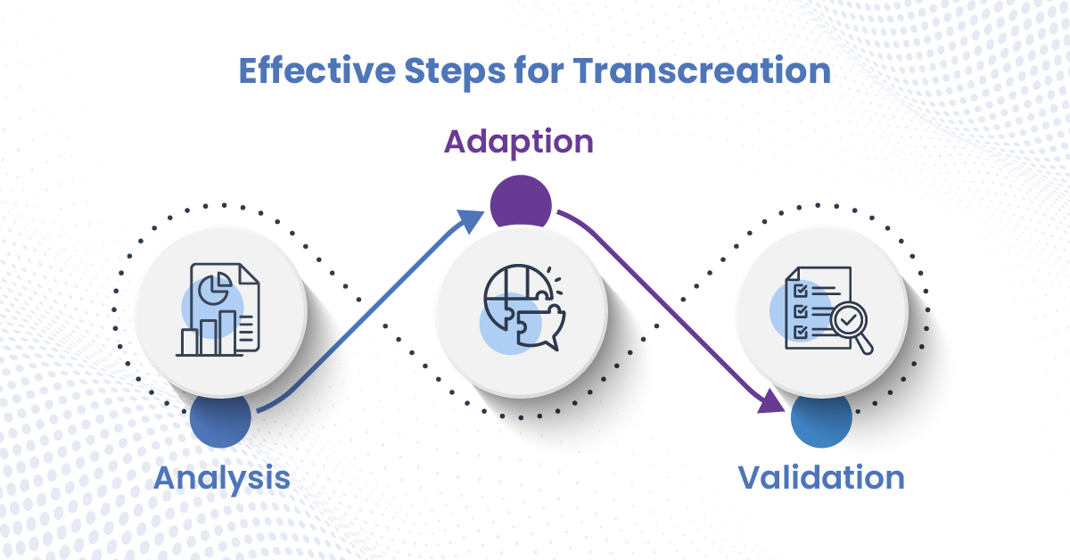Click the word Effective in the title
(317, 70)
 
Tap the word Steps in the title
(455, 72)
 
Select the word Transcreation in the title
(702, 70)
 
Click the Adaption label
(519, 143)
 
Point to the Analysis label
(222, 478)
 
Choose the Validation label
(821, 477)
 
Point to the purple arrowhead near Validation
(770, 401)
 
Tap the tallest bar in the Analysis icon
(227, 333)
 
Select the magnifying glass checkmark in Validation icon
(848, 319)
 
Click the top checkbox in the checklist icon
(800, 291)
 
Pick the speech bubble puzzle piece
(540, 327)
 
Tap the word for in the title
(539, 70)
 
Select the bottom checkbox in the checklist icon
(800, 332)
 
